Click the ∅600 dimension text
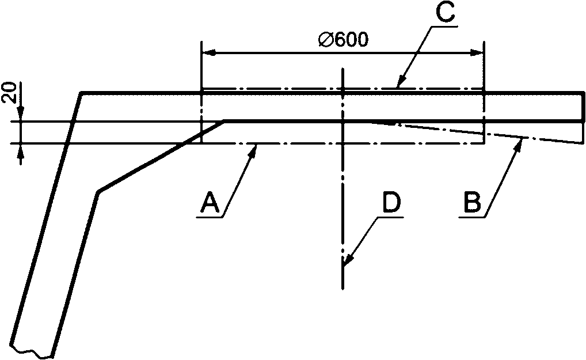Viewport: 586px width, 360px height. (x=344, y=40)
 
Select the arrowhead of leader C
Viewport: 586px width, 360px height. (x=399, y=86)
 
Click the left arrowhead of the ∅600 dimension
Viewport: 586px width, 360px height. (x=205, y=53)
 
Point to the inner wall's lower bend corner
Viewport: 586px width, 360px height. (x=98, y=192)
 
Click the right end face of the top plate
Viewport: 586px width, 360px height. (x=583, y=106)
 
